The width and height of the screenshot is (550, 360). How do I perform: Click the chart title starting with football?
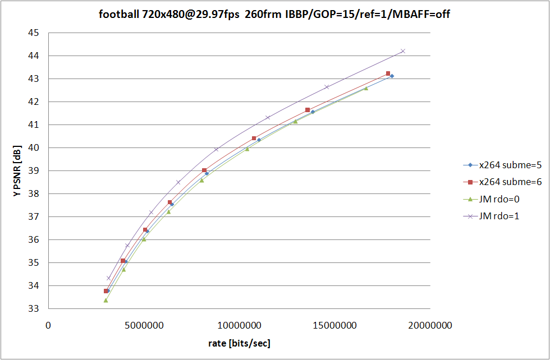[274, 15]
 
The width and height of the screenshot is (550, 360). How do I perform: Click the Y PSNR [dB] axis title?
[17, 171]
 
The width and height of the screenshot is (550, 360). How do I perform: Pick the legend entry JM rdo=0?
[498, 199]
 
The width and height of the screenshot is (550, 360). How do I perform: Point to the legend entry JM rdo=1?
[498, 216]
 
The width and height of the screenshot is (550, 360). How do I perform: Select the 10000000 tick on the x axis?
[240, 325]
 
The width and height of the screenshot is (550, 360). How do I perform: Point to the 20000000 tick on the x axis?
[430, 325]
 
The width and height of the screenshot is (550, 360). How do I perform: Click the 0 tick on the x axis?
[48, 325]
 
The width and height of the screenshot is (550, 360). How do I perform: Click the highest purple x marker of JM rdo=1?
[403, 51]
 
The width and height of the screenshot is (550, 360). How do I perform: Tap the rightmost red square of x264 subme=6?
[388, 73]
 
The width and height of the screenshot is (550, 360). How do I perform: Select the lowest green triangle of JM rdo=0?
[106, 301]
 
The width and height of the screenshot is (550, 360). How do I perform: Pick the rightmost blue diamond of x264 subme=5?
[392, 76]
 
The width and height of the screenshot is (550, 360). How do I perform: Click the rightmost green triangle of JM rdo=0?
[366, 88]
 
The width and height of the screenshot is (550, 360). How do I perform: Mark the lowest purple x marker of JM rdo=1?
[109, 278]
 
